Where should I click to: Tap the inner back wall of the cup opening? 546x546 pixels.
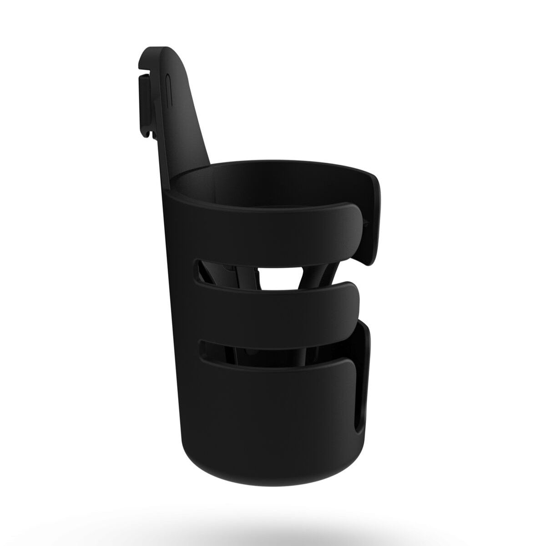(x=273, y=182)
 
